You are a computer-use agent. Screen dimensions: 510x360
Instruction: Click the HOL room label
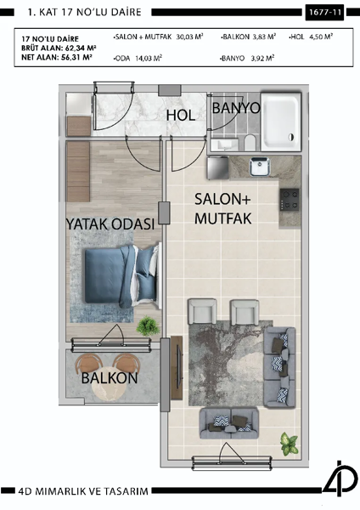click(181, 115)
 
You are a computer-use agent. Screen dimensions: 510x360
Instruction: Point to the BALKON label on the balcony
click(110, 377)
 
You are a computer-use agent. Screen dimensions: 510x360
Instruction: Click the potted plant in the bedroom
click(149, 326)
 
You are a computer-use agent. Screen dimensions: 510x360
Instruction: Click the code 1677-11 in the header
click(324, 14)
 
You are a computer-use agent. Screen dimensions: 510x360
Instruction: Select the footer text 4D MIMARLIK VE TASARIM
click(82, 491)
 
